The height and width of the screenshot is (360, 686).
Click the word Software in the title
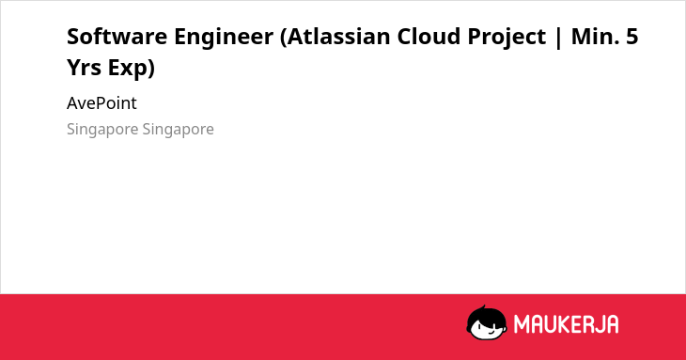tap(117, 37)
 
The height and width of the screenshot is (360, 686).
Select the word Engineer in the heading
tap(224, 38)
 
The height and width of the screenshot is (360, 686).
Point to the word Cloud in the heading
tap(429, 37)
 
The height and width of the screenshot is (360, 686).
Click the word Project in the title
tap(507, 38)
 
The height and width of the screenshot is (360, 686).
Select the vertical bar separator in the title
tap(558, 38)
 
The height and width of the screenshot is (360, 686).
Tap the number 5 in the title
tap(632, 37)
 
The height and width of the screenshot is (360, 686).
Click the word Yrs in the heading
tap(84, 68)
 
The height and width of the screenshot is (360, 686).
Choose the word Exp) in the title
tap(132, 69)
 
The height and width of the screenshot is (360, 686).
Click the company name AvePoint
tap(101, 103)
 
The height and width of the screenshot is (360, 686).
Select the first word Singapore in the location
tap(101, 130)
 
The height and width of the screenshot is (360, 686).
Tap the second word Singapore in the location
tap(178, 130)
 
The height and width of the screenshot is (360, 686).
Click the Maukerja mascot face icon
tap(487, 323)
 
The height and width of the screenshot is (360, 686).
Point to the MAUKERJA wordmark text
tap(566, 324)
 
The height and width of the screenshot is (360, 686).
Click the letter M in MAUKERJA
tap(522, 324)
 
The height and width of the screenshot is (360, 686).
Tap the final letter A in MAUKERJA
tap(612, 324)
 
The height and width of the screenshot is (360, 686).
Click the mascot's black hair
tap(486, 314)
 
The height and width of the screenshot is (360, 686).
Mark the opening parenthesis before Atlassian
tap(283, 38)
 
